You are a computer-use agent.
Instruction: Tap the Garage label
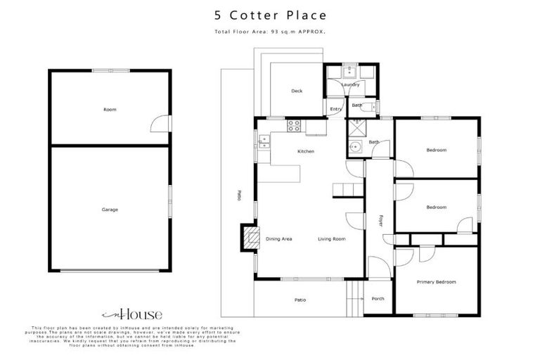pyautogui.click(x=109, y=210)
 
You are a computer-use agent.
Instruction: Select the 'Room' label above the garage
pyautogui.click(x=109, y=110)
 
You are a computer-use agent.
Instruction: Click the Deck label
pyautogui.click(x=297, y=91)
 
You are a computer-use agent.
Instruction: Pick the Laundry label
pyautogui.click(x=350, y=85)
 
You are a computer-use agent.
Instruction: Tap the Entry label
pyautogui.click(x=335, y=109)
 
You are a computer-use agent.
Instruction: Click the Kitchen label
pyautogui.click(x=305, y=152)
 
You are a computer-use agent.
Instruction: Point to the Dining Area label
pyautogui.click(x=279, y=239)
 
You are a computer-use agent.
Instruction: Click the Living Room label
pyautogui.click(x=331, y=239)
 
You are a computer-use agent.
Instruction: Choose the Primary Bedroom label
pyautogui.click(x=436, y=282)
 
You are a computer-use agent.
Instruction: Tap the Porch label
pyautogui.click(x=378, y=300)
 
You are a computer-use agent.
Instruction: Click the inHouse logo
pyautogui.click(x=131, y=314)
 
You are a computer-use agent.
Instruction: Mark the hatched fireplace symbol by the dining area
pyautogui.click(x=250, y=238)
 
